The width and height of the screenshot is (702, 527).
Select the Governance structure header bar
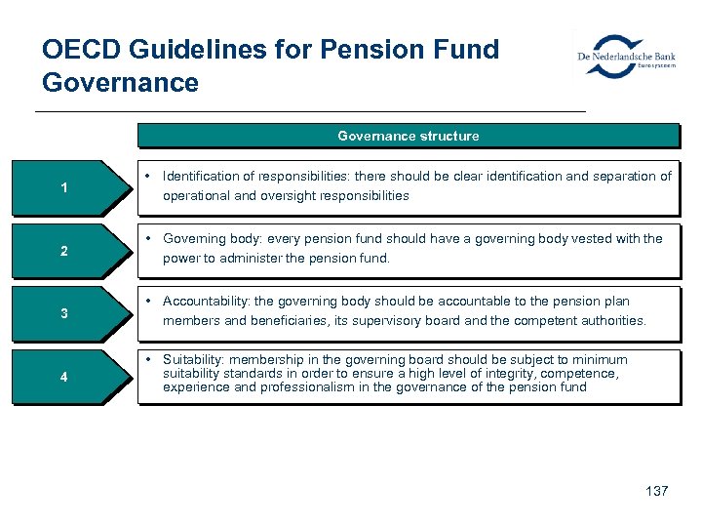click(408, 136)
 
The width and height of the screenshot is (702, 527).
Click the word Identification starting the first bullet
click(200, 177)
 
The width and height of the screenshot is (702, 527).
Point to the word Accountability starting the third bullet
click(206, 302)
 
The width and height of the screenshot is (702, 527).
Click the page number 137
click(657, 491)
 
